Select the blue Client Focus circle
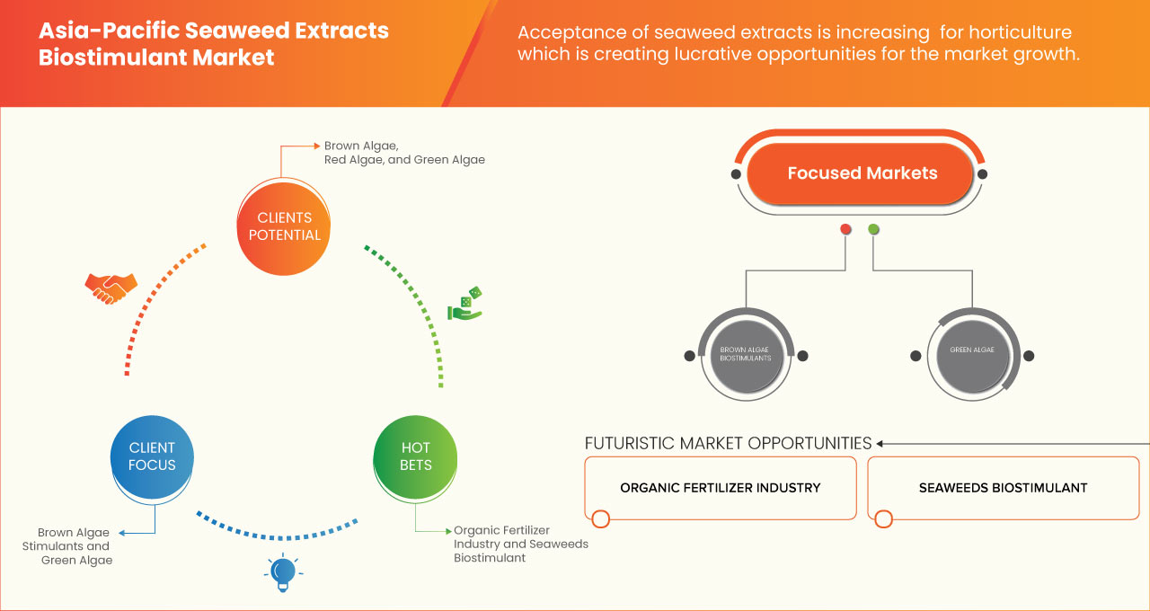(x=152, y=456)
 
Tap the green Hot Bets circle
(x=415, y=456)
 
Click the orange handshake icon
(x=111, y=288)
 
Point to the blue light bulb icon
(x=283, y=571)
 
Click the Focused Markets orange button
(x=862, y=173)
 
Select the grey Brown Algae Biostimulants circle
(x=745, y=354)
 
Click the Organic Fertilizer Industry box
(x=720, y=488)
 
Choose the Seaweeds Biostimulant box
(x=1003, y=488)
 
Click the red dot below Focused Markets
(x=845, y=230)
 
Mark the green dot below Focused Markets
(x=873, y=230)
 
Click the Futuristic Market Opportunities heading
(x=728, y=443)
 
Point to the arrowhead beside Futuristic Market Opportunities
(x=880, y=443)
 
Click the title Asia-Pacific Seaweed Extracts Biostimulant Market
(x=214, y=43)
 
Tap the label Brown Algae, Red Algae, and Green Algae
(x=404, y=153)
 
